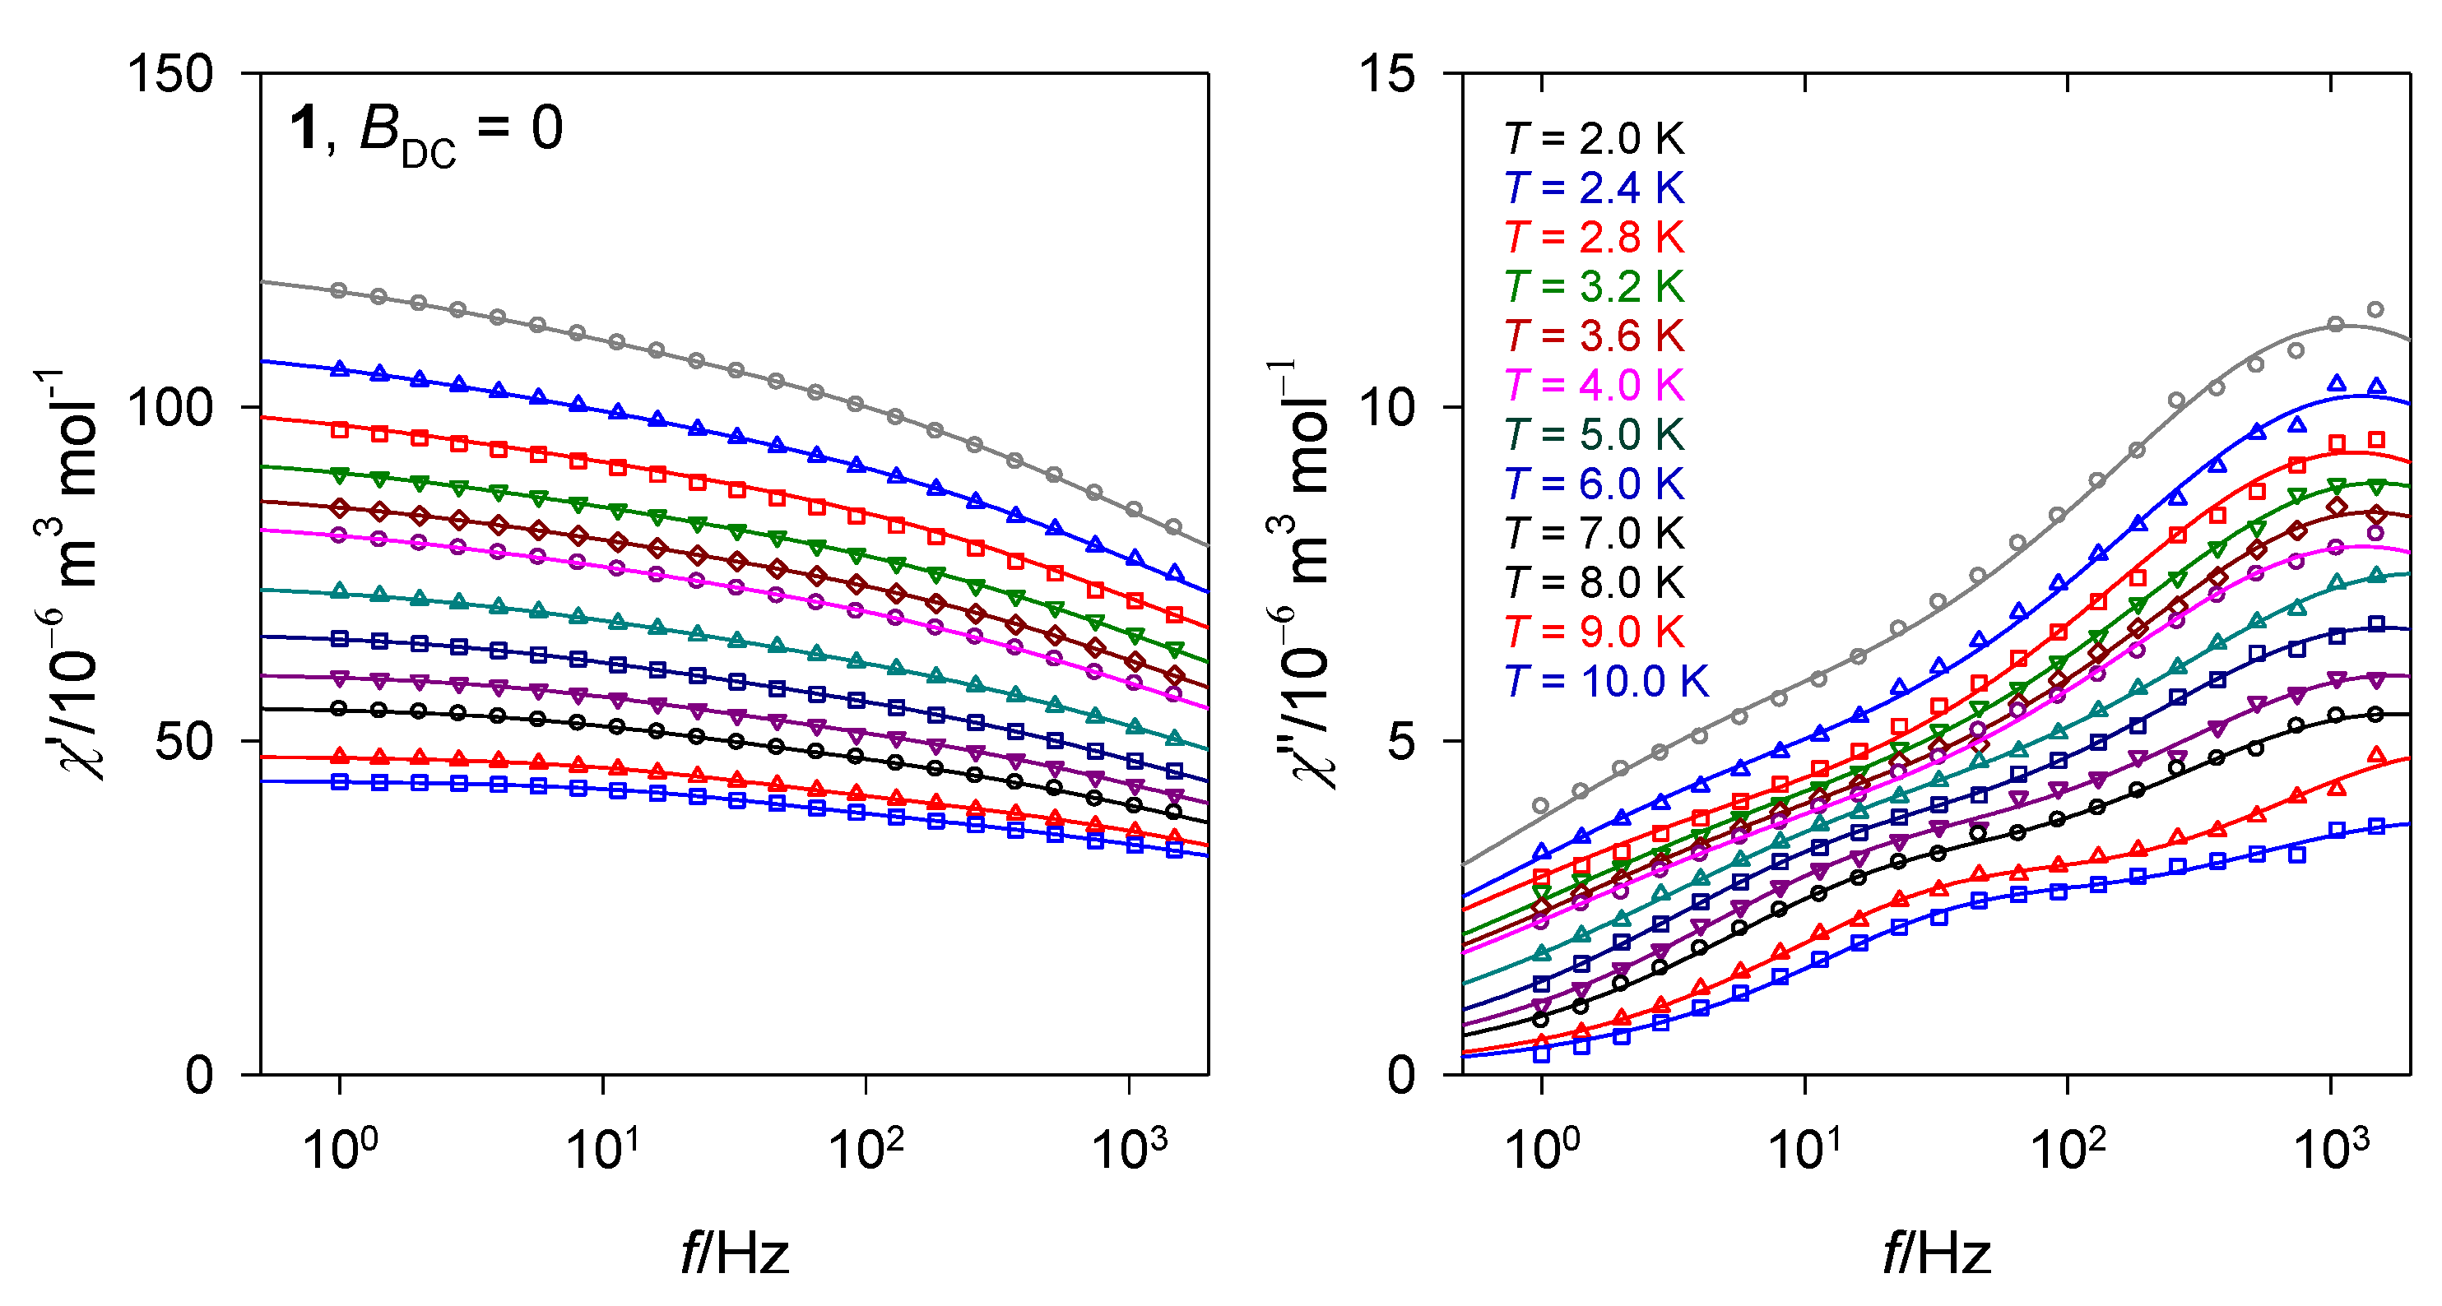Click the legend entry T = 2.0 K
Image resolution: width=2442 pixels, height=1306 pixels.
coord(1595,139)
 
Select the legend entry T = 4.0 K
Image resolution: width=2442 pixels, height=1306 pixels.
coord(1595,386)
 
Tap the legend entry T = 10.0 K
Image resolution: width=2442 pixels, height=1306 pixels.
coord(1606,682)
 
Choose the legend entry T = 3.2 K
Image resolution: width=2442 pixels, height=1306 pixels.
coord(1595,287)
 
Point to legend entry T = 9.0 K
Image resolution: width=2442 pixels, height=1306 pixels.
coord(1595,632)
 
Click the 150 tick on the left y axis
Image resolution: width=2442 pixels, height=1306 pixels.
coord(170,74)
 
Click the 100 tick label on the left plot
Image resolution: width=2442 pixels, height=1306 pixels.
coord(170,408)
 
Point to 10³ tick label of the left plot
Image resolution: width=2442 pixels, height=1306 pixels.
coord(1129,1149)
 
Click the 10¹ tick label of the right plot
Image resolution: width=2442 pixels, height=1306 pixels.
coord(1804,1149)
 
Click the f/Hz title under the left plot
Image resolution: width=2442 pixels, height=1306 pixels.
coord(735,1253)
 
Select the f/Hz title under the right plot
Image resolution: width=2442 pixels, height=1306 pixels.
coord(1936,1253)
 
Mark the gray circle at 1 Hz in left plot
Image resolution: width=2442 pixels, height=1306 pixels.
coord(339,291)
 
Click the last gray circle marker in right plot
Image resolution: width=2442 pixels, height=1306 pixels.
coord(2375,309)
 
